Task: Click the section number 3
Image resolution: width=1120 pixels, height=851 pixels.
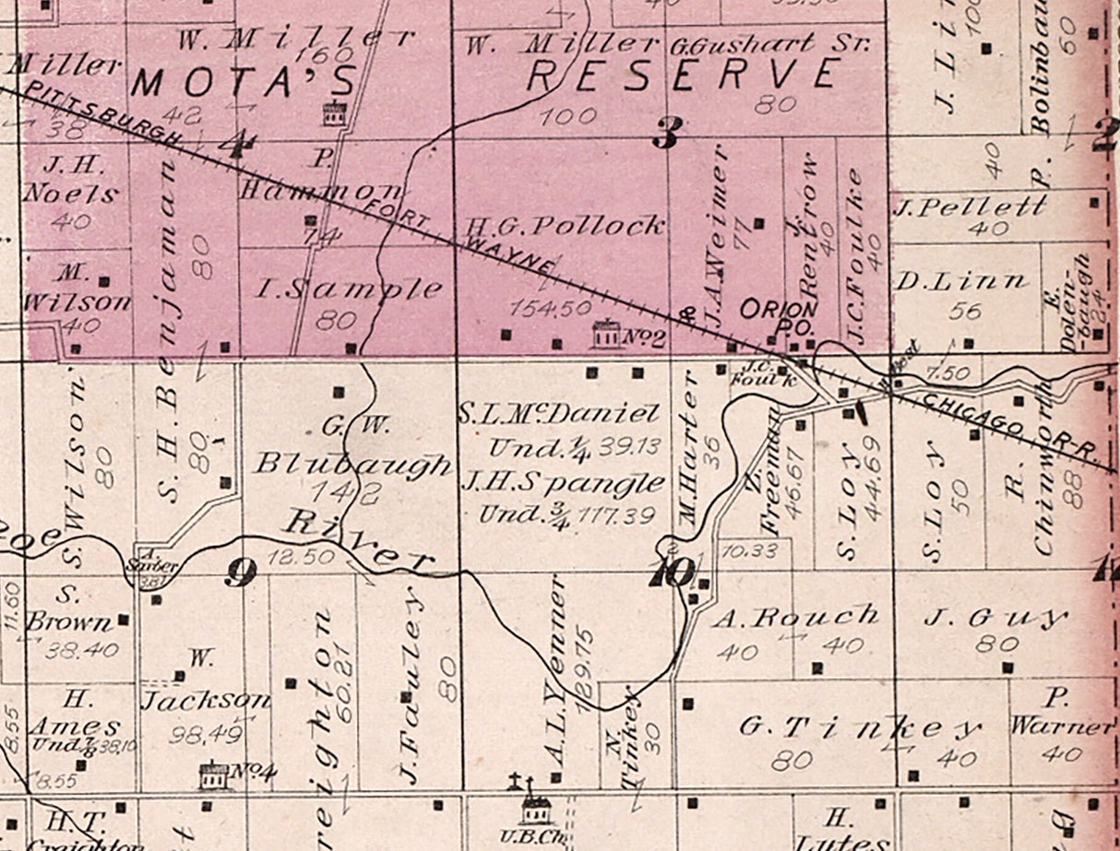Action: [665, 136]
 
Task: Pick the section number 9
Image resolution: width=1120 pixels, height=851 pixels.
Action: [240, 573]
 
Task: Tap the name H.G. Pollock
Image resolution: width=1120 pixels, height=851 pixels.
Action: [566, 225]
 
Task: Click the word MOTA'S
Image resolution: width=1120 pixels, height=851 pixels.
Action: [244, 84]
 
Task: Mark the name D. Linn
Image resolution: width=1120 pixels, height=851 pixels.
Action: [960, 281]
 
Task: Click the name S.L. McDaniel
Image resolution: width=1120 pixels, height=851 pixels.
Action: [559, 415]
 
